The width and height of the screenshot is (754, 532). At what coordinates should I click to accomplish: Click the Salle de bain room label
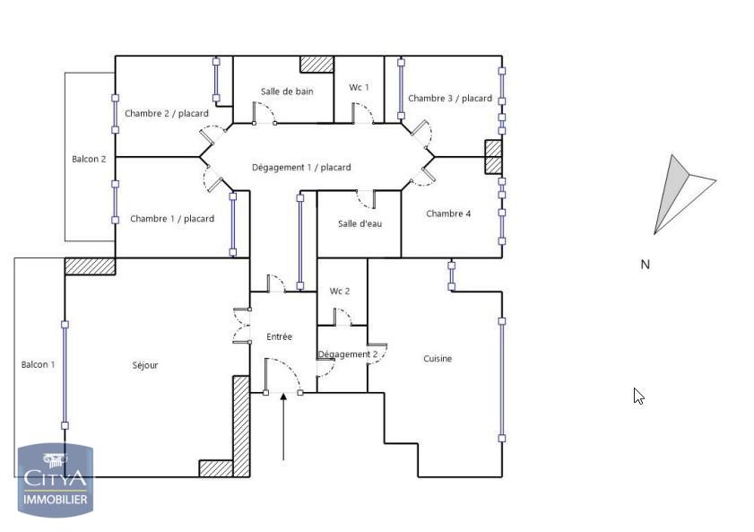point(287,92)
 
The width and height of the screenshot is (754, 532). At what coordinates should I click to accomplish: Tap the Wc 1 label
point(360,87)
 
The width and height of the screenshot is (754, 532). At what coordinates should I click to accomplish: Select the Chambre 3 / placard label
point(450,98)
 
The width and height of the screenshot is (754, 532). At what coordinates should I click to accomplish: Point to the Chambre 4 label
point(448,214)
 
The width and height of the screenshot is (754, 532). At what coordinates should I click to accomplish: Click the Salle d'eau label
point(360,223)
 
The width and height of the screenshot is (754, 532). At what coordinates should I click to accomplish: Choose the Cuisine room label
point(438,358)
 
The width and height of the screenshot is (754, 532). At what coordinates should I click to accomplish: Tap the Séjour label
point(144,365)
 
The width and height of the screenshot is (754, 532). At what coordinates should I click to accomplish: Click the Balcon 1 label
point(38,364)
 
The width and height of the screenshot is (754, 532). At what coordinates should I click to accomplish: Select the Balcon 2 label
point(89,159)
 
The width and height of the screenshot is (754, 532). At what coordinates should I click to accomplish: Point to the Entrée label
point(280,336)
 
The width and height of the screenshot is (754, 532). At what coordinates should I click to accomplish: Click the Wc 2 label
point(340,291)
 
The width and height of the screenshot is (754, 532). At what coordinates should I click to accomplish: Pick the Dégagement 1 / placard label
point(301,168)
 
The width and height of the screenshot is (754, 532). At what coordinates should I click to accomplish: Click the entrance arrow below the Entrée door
point(283,427)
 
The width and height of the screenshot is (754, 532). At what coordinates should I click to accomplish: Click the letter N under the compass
point(646,264)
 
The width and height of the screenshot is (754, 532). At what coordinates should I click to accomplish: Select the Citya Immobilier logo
point(56,480)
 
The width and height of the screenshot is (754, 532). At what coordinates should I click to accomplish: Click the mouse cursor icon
point(638,397)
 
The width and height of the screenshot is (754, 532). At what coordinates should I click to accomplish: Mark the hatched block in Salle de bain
point(316,64)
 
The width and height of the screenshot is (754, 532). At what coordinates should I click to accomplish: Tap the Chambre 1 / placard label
point(172,219)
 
